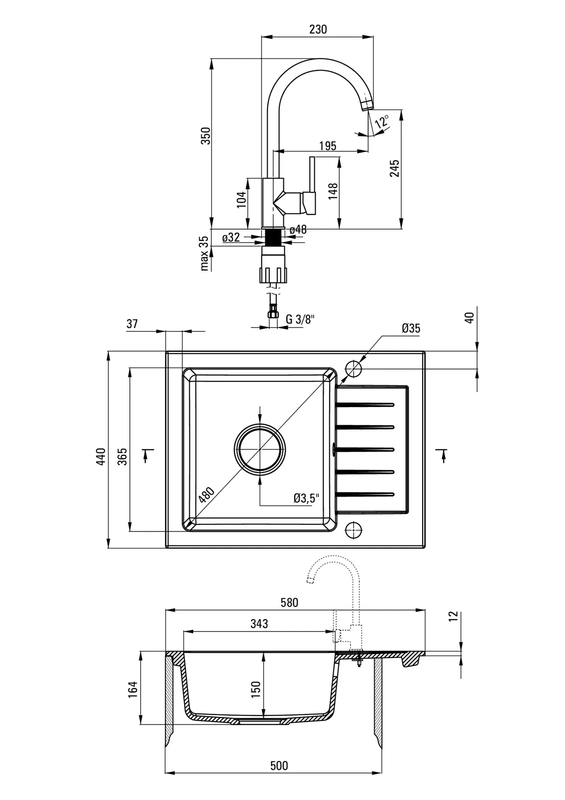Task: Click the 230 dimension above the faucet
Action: pyautogui.click(x=318, y=29)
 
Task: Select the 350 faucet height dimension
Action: pyautogui.click(x=205, y=135)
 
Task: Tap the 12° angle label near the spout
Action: pyautogui.click(x=382, y=121)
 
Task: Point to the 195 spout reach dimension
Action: pyautogui.click(x=327, y=145)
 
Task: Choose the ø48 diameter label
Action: pyautogui.click(x=298, y=229)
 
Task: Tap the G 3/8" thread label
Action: pyautogui.click(x=300, y=319)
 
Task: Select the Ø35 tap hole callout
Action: pyautogui.click(x=411, y=328)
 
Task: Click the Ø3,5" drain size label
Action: pyautogui.click(x=306, y=498)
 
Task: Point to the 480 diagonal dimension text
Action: pyautogui.click(x=206, y=494)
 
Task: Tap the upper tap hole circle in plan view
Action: pyautogui.click(x=354, y=369)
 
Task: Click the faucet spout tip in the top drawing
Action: pyautogui.click(x=367, y=104)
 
